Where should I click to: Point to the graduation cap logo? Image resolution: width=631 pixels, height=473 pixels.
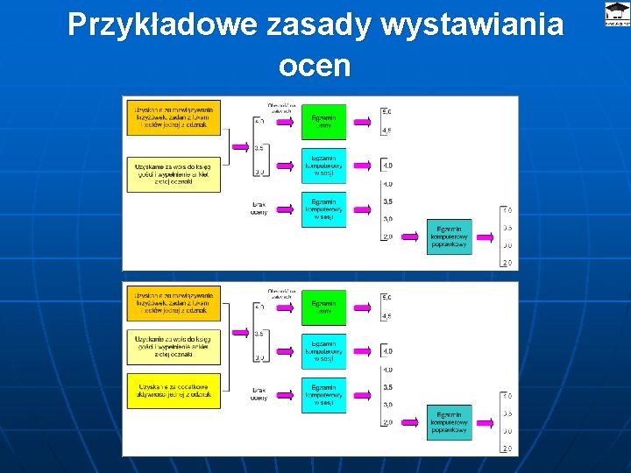click(617, 11)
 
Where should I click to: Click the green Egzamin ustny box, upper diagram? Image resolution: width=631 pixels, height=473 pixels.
click(323, 122)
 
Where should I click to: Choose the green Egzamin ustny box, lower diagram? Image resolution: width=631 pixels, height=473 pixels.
click(323, 307)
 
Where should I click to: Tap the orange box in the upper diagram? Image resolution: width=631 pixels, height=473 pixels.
click(173, 117)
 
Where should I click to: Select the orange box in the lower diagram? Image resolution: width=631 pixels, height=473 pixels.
click(173, 303)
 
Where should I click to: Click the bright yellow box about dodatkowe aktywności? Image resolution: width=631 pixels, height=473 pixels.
click(173, 391)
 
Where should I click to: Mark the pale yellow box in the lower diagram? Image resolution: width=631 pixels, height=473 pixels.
click(173, 348)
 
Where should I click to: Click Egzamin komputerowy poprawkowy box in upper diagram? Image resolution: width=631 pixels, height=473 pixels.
click(450, 236)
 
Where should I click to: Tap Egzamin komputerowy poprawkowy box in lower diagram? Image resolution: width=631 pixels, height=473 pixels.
click(450, 422)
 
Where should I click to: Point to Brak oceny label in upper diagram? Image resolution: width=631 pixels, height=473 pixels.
click(259, 208)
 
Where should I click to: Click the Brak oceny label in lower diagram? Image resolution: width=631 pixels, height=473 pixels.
click(259, 393)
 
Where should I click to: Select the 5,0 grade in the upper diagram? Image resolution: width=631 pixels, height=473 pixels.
click(387, 111)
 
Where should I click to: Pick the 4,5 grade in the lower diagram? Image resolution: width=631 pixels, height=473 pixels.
click(387, 316)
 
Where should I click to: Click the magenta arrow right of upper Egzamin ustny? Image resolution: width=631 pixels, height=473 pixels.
click(361, 123)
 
